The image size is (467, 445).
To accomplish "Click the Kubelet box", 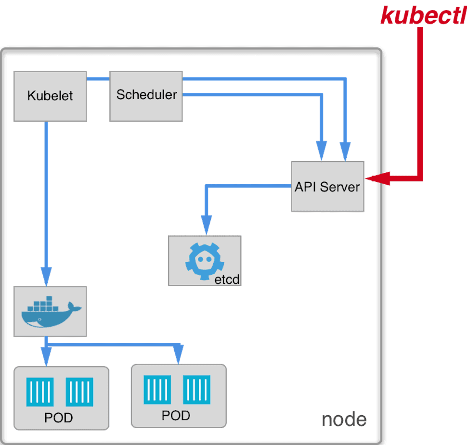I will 50,96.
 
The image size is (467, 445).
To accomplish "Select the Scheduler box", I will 146,95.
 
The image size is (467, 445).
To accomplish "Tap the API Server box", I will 327,186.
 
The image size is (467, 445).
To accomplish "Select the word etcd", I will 227,279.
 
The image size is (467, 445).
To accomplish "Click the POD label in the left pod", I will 59,418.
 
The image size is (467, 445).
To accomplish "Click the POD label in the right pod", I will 176,415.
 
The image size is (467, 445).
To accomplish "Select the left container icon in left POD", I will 40,392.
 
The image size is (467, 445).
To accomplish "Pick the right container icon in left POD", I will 79,392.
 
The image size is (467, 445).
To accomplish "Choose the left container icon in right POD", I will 158,390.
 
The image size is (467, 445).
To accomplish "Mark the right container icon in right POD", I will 197,390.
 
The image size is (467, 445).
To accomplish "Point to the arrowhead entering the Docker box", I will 46,276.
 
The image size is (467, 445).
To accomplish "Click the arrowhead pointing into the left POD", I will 46,357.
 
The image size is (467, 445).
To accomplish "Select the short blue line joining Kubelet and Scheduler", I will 98,78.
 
